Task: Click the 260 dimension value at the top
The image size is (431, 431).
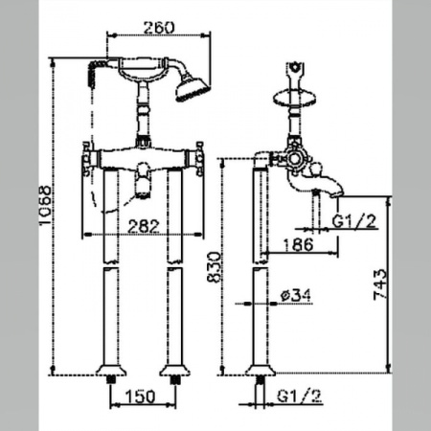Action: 159,28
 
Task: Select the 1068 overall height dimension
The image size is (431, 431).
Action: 45,205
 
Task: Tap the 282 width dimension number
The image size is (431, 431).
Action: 144,226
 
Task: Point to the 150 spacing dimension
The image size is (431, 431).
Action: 141,397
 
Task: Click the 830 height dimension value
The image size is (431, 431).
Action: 214,267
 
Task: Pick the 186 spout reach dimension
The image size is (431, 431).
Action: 299,245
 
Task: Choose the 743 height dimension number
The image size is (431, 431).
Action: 380,284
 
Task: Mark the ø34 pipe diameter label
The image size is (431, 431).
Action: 296,295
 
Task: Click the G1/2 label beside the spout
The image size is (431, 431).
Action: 354,221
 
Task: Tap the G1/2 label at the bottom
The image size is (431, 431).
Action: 299,397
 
